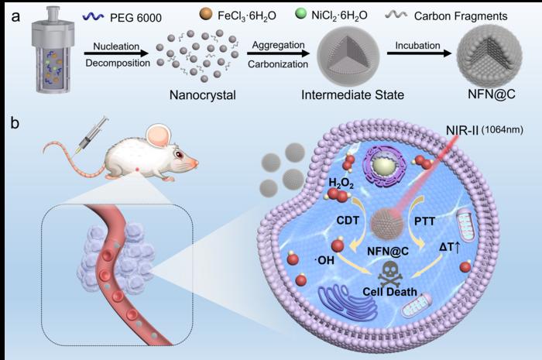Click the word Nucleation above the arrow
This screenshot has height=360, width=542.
click(x=107, y=47)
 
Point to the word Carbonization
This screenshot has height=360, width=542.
click(x=276, y=63)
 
